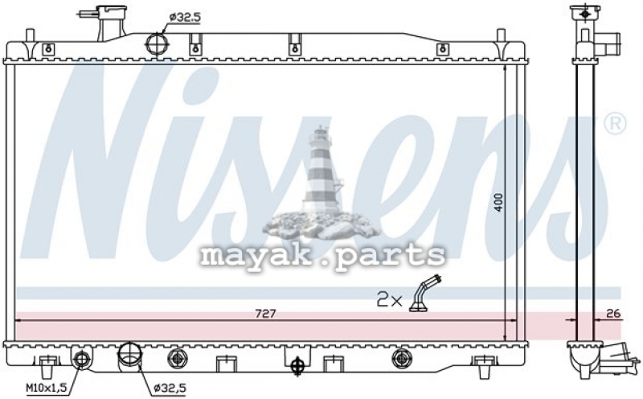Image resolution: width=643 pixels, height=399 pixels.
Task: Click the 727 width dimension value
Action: tap(266, 314)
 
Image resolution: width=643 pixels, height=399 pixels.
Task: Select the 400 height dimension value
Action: tap(498, 203)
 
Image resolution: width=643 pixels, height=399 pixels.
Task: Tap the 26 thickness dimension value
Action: tap(613, 314)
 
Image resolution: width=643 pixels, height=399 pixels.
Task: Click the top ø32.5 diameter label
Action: tap(185, 17)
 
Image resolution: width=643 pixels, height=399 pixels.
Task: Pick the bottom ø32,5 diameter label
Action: tap(170, 387)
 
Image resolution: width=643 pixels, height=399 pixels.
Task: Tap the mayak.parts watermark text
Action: tap(323, 256)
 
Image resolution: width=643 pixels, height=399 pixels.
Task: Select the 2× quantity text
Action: tap(389, 300)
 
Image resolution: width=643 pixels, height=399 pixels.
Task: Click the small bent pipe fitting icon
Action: tap(424, 294)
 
